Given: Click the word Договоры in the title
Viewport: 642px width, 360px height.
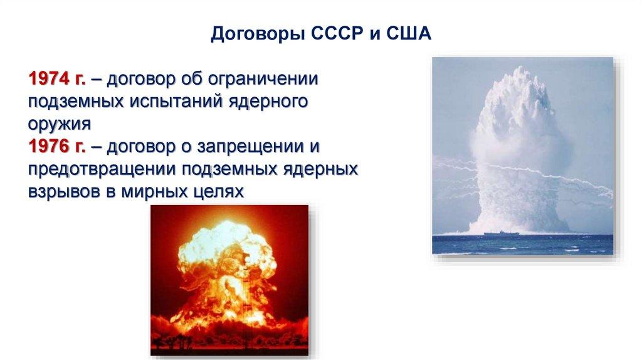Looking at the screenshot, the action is point(258,34).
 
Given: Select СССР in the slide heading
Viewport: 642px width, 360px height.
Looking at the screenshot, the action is point(337,33).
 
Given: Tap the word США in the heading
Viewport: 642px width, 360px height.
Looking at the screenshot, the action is point(409,34).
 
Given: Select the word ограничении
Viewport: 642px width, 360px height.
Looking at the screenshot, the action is point(263,78).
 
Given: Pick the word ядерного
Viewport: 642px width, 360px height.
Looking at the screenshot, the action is point(268,102).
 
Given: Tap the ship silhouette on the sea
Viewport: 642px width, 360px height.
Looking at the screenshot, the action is point(502,233).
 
